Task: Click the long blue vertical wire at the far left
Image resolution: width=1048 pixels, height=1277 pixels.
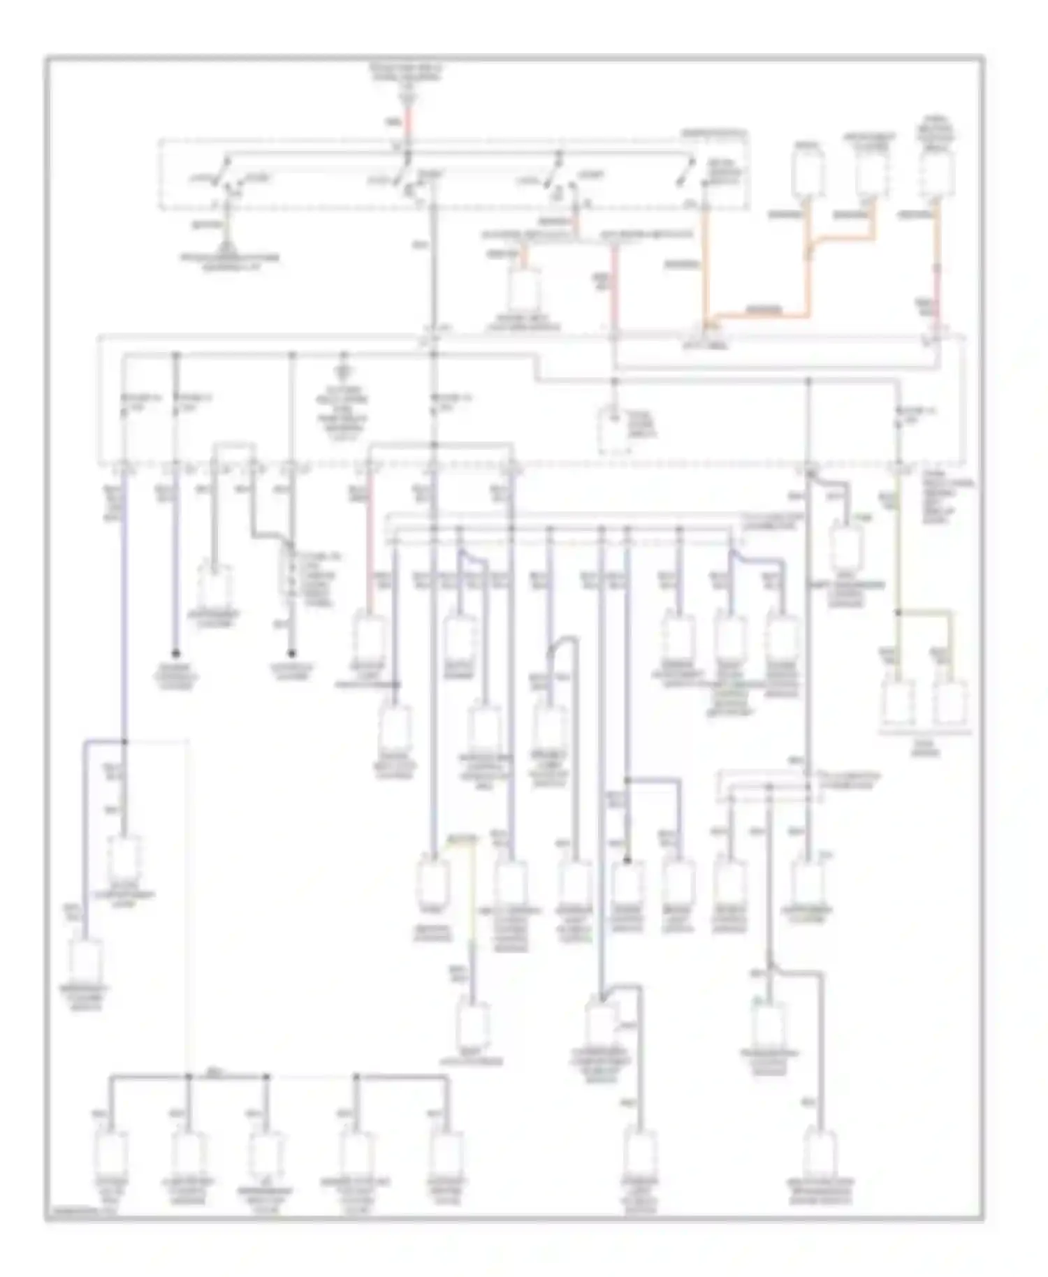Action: click(126, 615)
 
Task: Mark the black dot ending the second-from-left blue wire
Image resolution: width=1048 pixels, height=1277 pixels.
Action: click(175, 652)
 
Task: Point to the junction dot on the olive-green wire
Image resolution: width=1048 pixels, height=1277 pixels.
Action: click(898, 612)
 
